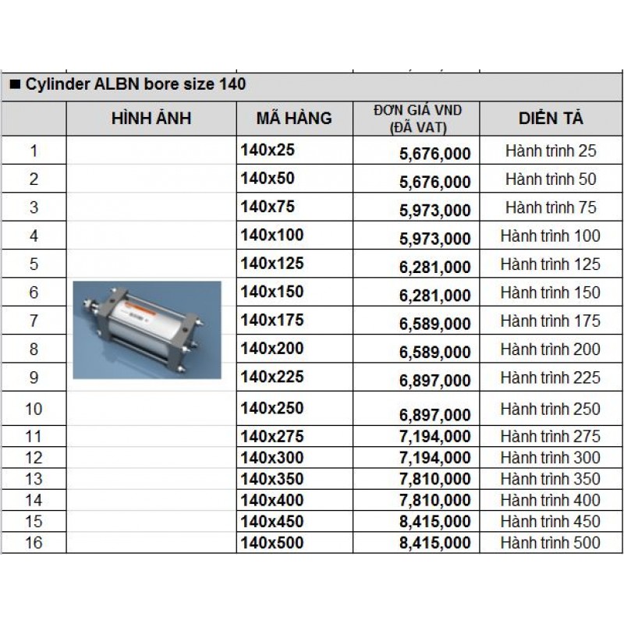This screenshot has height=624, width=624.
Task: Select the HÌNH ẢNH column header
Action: pyautogui.click(x=151, y=119)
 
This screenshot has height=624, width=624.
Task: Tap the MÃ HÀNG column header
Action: pyautogui.click(x=294, y=119)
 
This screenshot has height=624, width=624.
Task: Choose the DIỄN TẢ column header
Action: pyautogui.click(x=551, y=119)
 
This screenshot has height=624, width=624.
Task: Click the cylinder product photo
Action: pyautogui.click(x=147, y=330)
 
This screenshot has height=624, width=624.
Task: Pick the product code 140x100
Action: pyautogui.click(x=272, y=234)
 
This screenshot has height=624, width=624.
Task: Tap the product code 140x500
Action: pyautogui.click(x=272, y=542)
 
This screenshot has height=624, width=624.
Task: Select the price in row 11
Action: pyautogui.click(x=435, y=437)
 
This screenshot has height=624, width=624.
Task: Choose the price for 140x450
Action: pyautogui.click(x=435, y=522)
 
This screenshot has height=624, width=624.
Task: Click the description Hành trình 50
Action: pyautogui.click(x=551, y=179)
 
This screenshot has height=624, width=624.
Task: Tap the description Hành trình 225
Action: pyautogui.click(x=551, y=378)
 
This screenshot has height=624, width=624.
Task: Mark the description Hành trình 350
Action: pyautogui.click(x=551, y=479)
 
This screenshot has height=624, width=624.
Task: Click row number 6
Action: pyautogui.click(x=34, y=293)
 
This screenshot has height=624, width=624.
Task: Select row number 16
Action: pyautogui.click(x=34, y=543)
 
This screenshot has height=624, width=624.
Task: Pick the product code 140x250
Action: pyautogui.click(x=272, y=408)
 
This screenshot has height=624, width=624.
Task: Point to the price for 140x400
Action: pyautogui.click(x=435, y=501)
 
